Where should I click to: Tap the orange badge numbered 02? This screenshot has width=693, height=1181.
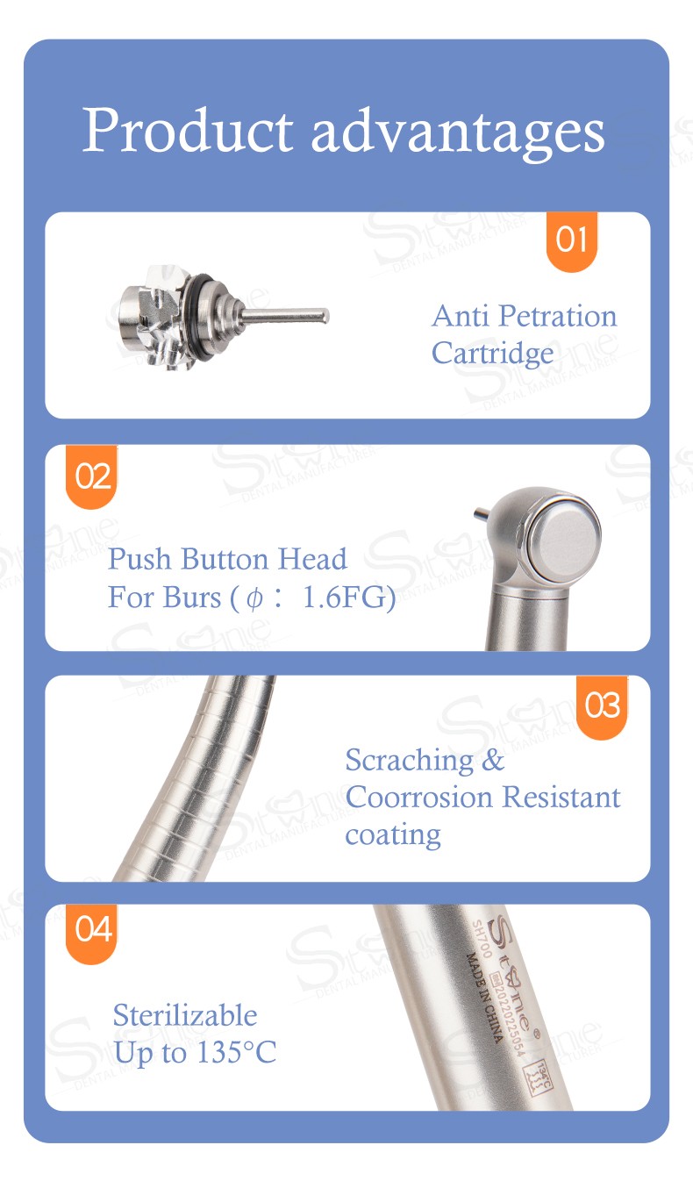pyautogui.click(x=93, y=476)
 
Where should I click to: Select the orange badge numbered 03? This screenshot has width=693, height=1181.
pyautogui.click(x=602, y=705)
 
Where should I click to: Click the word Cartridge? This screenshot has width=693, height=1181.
pyautogui.click(x=492, y=354)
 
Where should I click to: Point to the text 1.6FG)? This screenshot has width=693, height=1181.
pyautogui.click(x=348, y=598)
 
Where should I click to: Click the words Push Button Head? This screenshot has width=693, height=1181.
pyautogui.click(x=227, y=559)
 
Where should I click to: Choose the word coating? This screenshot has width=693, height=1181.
pyautogui.click(x=392, y=834)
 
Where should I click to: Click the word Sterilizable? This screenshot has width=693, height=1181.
pyautogui.click(x=185, y=1015)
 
